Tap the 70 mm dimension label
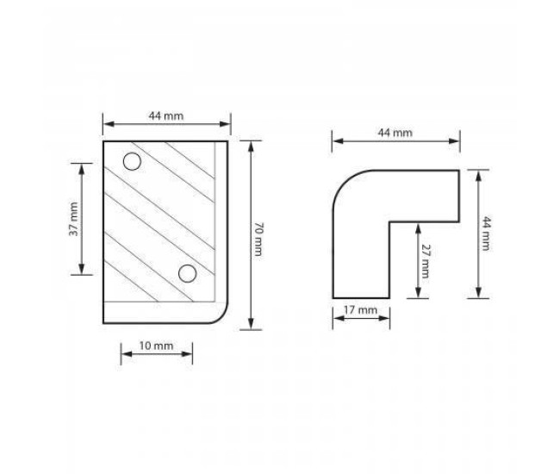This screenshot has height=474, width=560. [258, 234]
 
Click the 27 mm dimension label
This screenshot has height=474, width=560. [425, 259]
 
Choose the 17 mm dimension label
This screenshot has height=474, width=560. [361, 309]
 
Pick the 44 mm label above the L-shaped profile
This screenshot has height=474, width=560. [395, 133]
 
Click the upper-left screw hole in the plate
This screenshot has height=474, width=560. [132, 161]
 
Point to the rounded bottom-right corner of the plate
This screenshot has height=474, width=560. [222, 314]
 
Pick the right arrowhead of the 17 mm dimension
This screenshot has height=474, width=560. [387, 318]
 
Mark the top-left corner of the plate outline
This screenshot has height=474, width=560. [104, 140]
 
